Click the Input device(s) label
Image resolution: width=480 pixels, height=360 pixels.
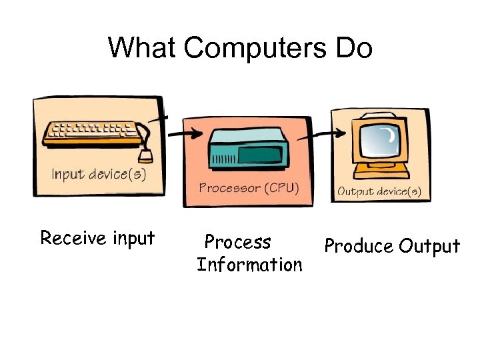[x=99, y=175]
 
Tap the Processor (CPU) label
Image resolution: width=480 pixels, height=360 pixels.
[x=249, y=188]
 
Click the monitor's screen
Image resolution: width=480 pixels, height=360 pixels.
[x=381, y=140]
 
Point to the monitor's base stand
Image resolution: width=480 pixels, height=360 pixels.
[x=381, y=171]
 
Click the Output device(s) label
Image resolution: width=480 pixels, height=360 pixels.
[x=379, y=192]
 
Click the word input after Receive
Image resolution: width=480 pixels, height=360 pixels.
[x=132, y=239]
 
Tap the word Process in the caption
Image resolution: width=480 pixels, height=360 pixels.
[x=238, y=241]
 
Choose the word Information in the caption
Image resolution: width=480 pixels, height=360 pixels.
[x=249, y=265]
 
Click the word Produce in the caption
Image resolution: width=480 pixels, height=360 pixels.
[x=359, y=247]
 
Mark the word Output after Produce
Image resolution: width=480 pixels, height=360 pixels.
[x=430, y=247]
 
